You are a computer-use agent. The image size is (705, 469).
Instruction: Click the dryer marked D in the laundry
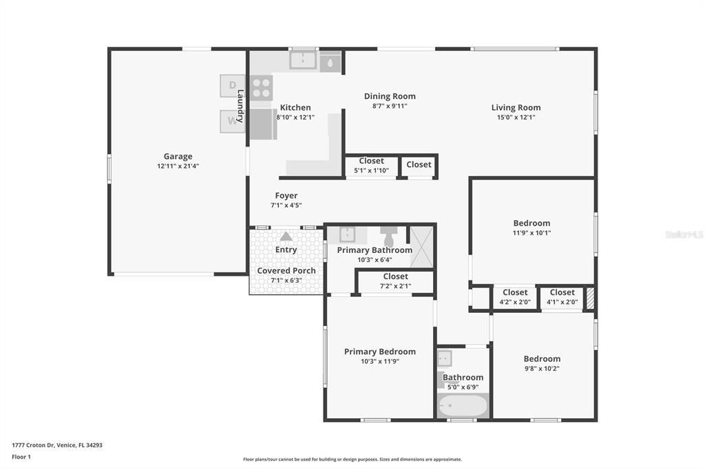pyautogui.click(x=232, y=86)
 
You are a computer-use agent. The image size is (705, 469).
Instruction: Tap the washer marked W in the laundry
pyautogui.click(x=232, y=122)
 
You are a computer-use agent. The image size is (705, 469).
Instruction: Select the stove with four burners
pyautogui.click(x=261, y=88)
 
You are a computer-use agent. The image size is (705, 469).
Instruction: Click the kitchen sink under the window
pyautogui.click(x=303, y=61)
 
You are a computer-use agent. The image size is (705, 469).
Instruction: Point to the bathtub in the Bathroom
pyautogui.click(x=463, y=406)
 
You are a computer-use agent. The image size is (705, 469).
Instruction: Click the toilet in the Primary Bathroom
pyautogui.click(x=388, y=236)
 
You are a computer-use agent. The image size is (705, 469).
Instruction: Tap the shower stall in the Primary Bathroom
pyautogui.click(x=421, y=246)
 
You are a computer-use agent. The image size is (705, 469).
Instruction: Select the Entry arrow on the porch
pyautogui.click(x=286, y=237)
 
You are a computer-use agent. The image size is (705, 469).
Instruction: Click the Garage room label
pyautogui.click(x=178, y=156)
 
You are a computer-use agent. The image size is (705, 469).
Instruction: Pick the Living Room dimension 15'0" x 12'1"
pyautogui.click(x=516, y=117)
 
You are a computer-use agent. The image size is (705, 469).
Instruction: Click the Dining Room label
pyautogui.click(x=390, y=96)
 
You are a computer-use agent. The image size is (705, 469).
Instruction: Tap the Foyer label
pyautogui.click(x=286, y=196)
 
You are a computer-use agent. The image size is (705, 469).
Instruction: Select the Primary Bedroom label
pyautogui.click(x=380, y=351)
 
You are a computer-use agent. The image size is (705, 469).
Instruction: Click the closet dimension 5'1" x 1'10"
pyautogui.click(x=371, y=171)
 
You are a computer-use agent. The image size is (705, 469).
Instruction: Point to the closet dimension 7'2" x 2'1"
pyautogui.click(x=395, y=286)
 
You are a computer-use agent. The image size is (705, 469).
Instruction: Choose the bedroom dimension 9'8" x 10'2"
pyautogui.click(x=542, y=368)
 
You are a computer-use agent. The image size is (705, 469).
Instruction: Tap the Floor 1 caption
pyautogui.click(x=21, y=457)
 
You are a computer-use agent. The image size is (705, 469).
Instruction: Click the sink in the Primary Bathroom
pyautogui.click(x=347, y=235)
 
